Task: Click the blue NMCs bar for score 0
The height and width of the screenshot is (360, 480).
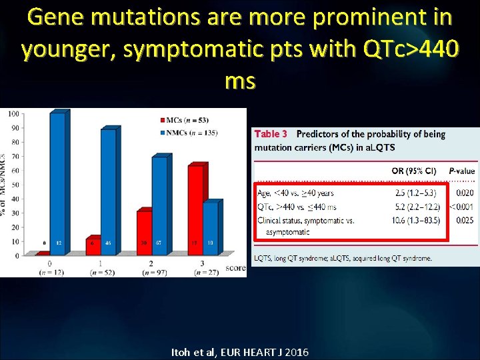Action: (59, 183)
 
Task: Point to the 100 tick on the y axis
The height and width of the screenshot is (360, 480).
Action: (13, 114)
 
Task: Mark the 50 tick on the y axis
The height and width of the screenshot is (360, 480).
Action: (15, 185)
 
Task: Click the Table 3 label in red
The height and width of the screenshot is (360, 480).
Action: (271, 135)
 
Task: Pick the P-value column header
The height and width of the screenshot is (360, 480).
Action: (461, 171)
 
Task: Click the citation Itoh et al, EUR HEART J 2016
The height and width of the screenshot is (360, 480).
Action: (240, 351)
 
